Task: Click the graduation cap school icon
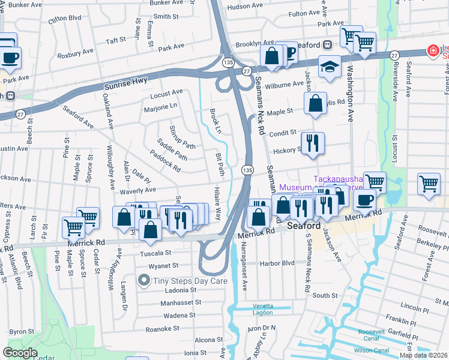330,67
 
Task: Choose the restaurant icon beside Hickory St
312,144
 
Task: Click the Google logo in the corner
20,353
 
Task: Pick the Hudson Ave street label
245,6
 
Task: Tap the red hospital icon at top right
432,52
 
